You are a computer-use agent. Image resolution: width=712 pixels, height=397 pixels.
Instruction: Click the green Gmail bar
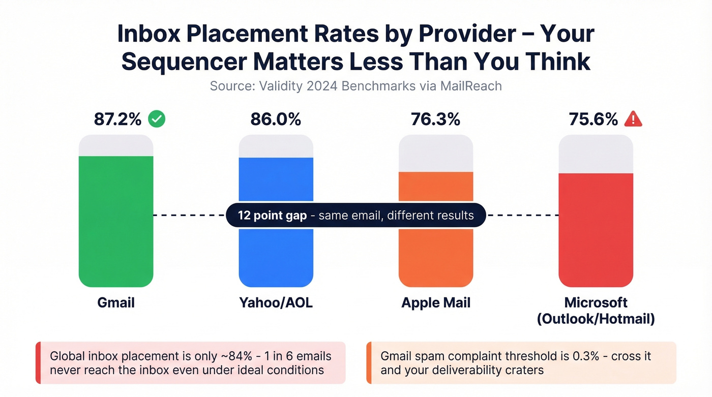(116, 244)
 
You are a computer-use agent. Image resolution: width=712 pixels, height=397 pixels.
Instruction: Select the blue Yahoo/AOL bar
(276, 254)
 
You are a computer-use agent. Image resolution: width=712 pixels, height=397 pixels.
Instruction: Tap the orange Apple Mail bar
(436, 254)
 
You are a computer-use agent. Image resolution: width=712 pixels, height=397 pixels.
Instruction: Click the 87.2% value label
(117, 119)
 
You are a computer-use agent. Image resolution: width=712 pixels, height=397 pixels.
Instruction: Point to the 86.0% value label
(276, 119)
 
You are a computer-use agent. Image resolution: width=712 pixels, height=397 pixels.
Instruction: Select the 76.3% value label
(435, 119)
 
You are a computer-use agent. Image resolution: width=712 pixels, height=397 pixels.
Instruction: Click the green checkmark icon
(157, 119)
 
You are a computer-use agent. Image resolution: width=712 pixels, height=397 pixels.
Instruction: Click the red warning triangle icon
(633, 119)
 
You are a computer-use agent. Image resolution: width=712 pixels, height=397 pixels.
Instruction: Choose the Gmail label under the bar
(116, 303)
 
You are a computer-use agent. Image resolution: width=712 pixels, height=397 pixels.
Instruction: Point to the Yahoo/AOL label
(276, 303)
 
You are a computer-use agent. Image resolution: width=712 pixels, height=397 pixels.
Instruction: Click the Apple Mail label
(436, 303)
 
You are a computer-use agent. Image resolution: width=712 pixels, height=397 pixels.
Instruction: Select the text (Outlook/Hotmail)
(596, 319)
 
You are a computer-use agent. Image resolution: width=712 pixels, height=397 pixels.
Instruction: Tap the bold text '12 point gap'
(272, 216)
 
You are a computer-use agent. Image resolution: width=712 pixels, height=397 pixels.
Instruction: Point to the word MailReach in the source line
(472, 86)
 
